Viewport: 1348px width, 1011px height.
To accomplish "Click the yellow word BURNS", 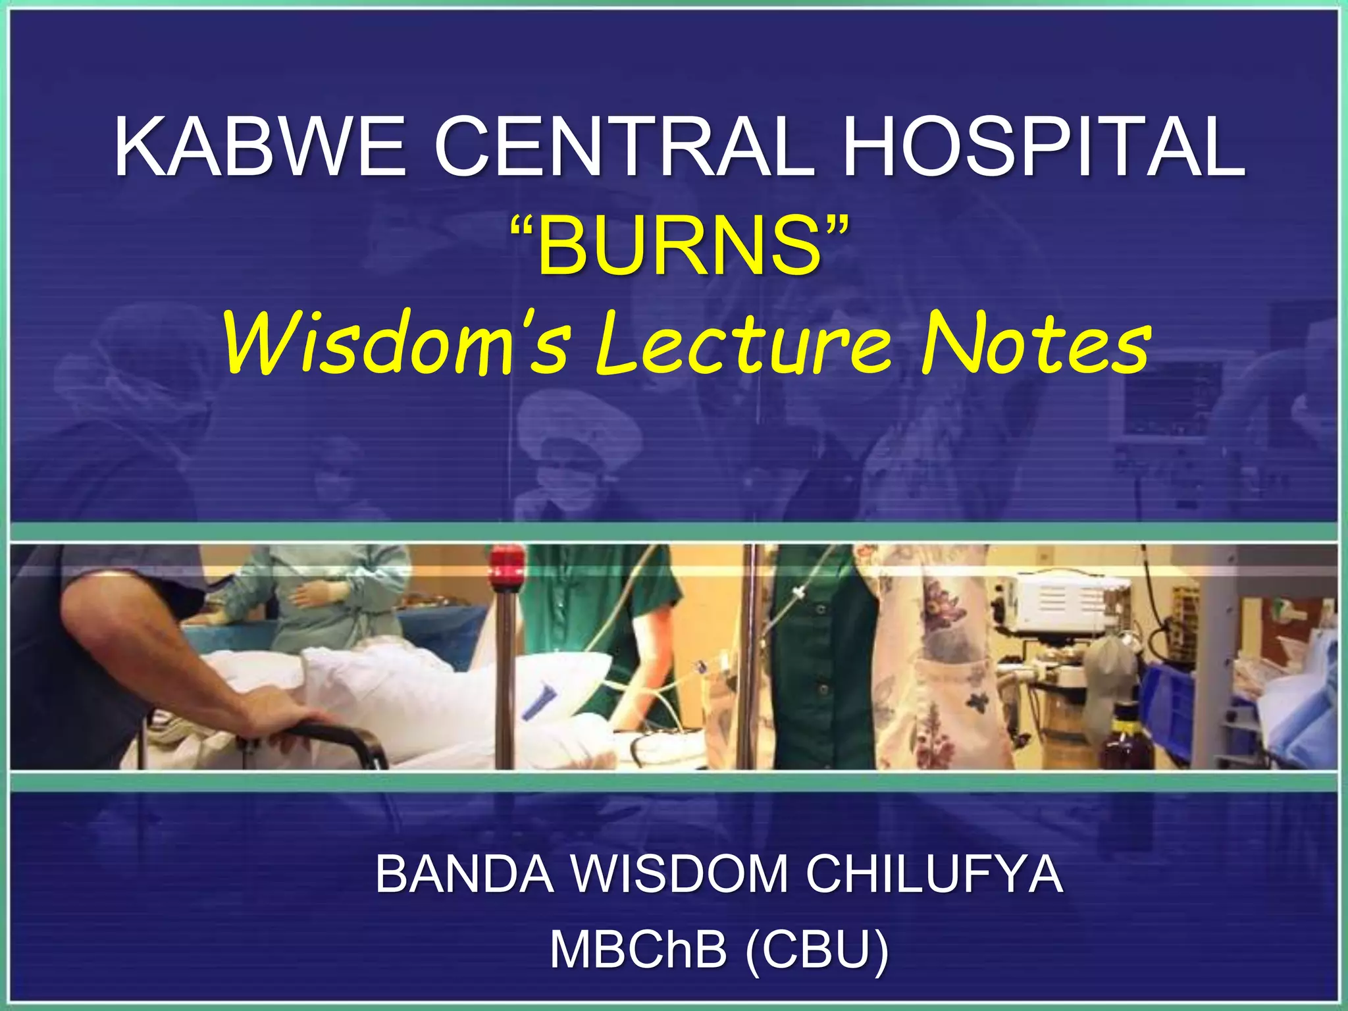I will tap(679, 248).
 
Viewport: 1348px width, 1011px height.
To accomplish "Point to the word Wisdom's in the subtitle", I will tap(396, 343).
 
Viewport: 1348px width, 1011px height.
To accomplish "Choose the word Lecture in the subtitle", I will tap(743, 343).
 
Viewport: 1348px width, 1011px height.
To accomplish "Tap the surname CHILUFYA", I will tap(935, 874).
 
